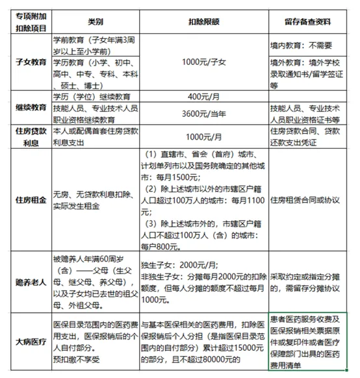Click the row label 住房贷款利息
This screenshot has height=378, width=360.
(x=26, y=136)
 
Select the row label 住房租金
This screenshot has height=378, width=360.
(x=26, y=199)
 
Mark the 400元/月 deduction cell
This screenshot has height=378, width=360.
(x=203, y=97)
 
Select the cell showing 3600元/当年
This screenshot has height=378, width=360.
(x=203, y=114)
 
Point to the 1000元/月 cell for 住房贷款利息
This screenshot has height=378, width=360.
(x=203, y=136)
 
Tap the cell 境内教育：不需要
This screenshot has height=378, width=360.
(x=309, y=47)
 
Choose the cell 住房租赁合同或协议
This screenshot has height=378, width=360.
(x=309, y=199)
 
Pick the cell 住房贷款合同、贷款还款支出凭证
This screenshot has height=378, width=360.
(x=309, y=136)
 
